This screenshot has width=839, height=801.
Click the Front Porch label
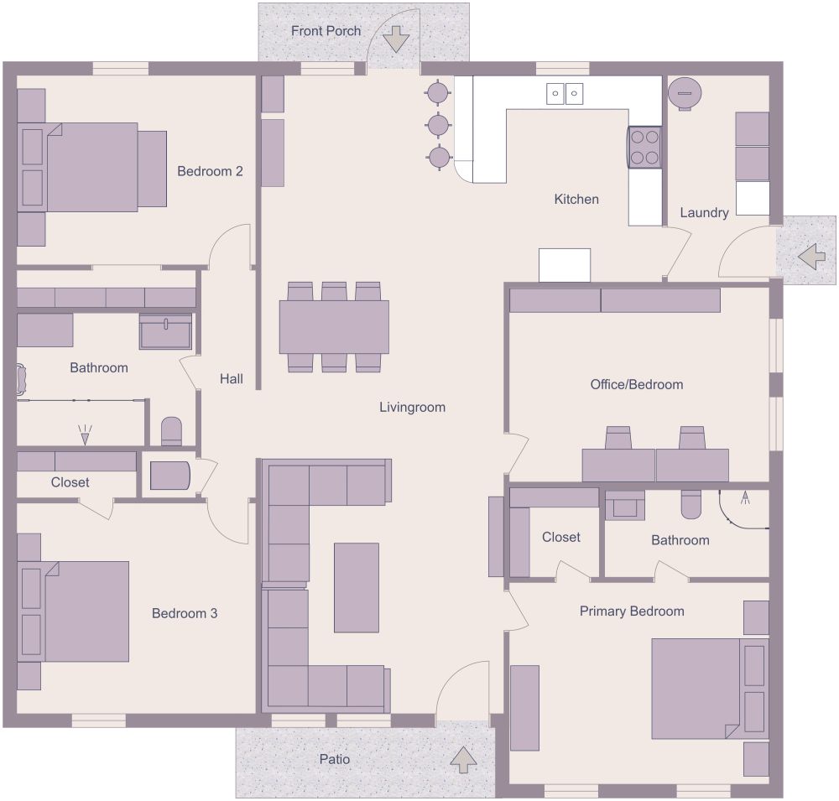[x=326, y=31]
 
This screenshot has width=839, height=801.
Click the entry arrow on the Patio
[x=463, y=759]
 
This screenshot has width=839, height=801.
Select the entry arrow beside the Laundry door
[x=811, y=255]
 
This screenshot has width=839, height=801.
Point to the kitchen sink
[x=565, y=93]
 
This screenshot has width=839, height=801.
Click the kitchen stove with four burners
[x=644, y=147]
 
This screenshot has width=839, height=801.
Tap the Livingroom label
[x=412, y=408]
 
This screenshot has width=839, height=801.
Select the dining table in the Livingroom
[x=334, y=327]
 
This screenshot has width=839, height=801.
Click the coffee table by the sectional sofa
[x=357, y=587]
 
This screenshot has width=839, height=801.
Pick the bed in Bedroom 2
[x=92, y=167]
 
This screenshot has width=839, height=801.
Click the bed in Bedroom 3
[x=76, y=611]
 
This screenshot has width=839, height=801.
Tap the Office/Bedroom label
[x=637, y=385]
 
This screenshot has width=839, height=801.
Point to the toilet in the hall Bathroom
[x=171, y=431]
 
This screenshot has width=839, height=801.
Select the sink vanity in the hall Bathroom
[x=165, y=331]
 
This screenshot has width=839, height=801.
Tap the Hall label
[x=232, y=379]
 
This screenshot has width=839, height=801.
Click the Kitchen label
[x=576, y=200]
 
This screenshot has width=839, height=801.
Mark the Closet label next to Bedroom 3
[x=70, y=482]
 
